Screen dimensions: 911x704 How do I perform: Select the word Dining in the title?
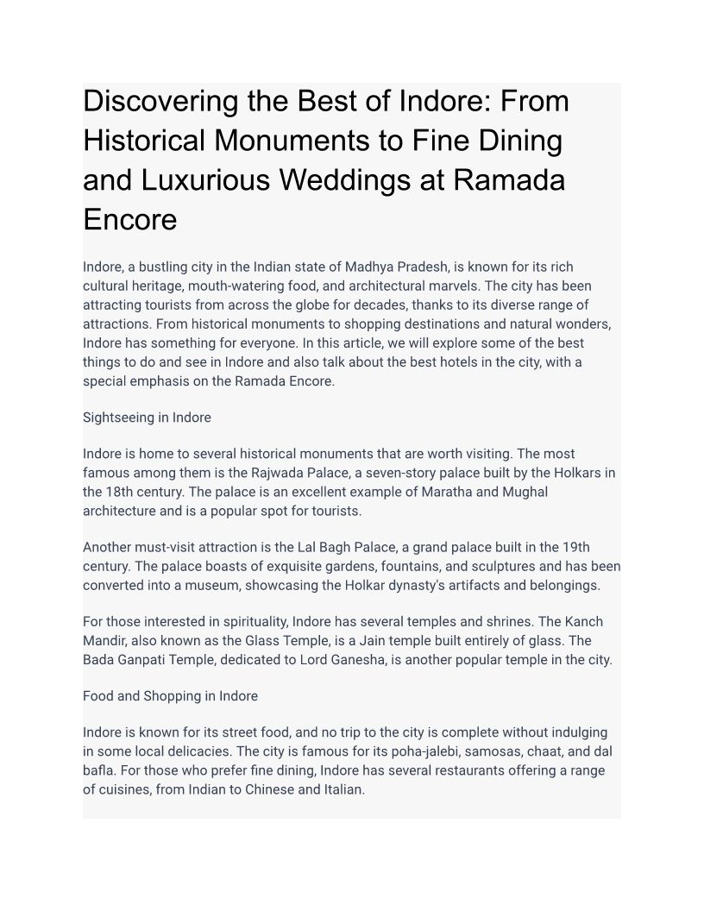point(521,141)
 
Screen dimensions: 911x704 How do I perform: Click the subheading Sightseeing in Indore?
point(147,418)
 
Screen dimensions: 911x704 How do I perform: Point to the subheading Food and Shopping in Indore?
point(170,695)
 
